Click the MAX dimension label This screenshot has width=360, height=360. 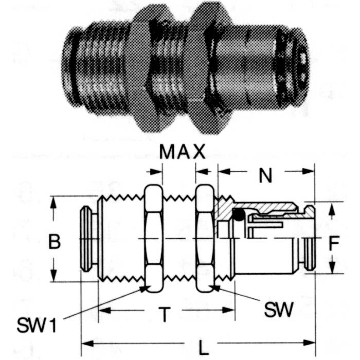pyautogui.click(x=182, y=152)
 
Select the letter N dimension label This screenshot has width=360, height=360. pyautogui.click(x=265, y=176)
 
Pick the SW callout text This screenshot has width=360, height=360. pyautogui.click(x=278, y=310)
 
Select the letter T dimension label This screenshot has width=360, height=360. pyautogui.click(x=164, y=314)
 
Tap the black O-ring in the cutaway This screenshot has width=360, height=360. pyautogui.click(x=238, y=215)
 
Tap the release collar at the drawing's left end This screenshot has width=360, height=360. pyautogui.click(x=87, y=239)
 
